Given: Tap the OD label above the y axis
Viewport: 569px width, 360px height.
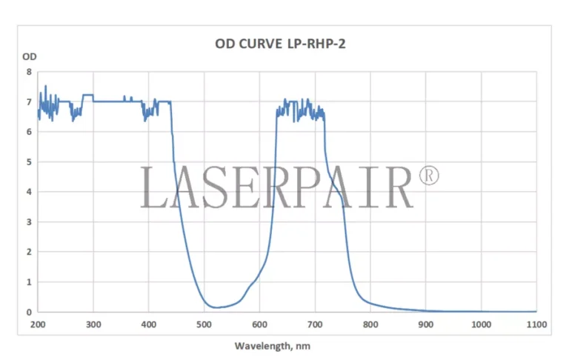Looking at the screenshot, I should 29,56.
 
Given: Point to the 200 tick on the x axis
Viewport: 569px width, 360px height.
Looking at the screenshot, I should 38,324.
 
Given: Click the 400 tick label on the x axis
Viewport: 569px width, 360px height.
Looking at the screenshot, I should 149,324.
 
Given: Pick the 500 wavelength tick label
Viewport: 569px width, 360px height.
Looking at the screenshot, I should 204,324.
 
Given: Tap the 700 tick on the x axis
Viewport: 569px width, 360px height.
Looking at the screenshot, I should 315,324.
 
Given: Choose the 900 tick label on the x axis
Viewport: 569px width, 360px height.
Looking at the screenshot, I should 425,324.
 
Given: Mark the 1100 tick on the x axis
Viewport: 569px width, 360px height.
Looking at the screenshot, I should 536,324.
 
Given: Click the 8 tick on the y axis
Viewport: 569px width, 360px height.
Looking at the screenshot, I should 29,72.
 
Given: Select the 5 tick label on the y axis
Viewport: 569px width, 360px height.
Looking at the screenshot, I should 29,161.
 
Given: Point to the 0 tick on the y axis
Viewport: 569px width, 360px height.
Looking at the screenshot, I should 29,312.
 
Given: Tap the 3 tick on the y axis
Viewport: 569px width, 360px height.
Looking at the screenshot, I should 29,221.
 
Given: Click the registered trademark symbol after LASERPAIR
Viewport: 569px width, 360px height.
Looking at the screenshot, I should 429,176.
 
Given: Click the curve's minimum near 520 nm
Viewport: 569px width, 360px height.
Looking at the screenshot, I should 216,307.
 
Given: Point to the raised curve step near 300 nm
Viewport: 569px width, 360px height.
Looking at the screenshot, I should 87,95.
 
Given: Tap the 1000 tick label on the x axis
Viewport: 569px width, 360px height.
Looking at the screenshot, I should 480,324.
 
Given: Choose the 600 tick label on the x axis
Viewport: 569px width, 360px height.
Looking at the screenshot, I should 259,324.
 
